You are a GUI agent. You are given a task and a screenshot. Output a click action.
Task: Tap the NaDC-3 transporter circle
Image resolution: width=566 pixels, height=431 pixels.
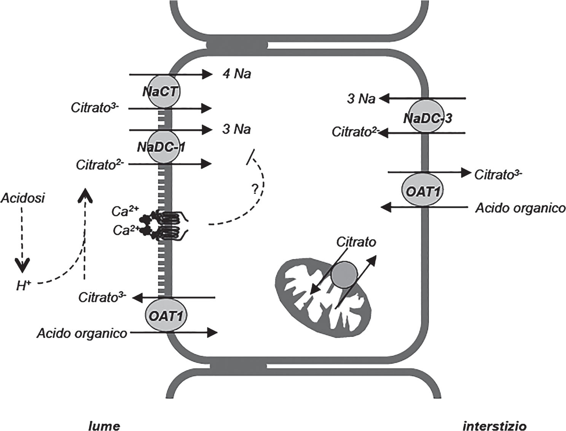(x=427, y=117)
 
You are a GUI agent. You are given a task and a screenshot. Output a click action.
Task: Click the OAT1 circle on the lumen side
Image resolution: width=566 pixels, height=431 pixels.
(x=166, y=316)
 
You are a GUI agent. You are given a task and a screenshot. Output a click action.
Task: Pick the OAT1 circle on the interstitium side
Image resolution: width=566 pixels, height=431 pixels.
(x=422, y=190)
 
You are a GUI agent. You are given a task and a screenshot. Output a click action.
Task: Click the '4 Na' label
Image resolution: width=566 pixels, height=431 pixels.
(x=237, y=73)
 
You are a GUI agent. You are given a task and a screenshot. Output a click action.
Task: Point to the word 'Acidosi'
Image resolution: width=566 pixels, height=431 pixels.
(x=23, y=198)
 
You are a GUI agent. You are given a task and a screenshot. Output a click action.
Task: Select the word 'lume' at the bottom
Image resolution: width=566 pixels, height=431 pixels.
(x=104, y=425)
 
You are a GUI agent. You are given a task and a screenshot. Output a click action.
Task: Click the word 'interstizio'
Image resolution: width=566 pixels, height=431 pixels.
(x=494, y=425)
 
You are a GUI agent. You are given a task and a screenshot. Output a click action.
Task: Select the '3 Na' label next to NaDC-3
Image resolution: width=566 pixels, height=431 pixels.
(x=361, y=99)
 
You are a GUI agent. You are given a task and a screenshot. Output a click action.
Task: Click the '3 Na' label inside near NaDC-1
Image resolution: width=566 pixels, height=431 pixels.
(x=237, y=129)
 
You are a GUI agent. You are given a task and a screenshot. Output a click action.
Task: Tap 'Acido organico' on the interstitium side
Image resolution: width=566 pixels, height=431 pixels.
(x=520, y=208)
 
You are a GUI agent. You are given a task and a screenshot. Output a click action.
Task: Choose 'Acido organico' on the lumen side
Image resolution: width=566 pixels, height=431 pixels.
(x=82, y=333)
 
